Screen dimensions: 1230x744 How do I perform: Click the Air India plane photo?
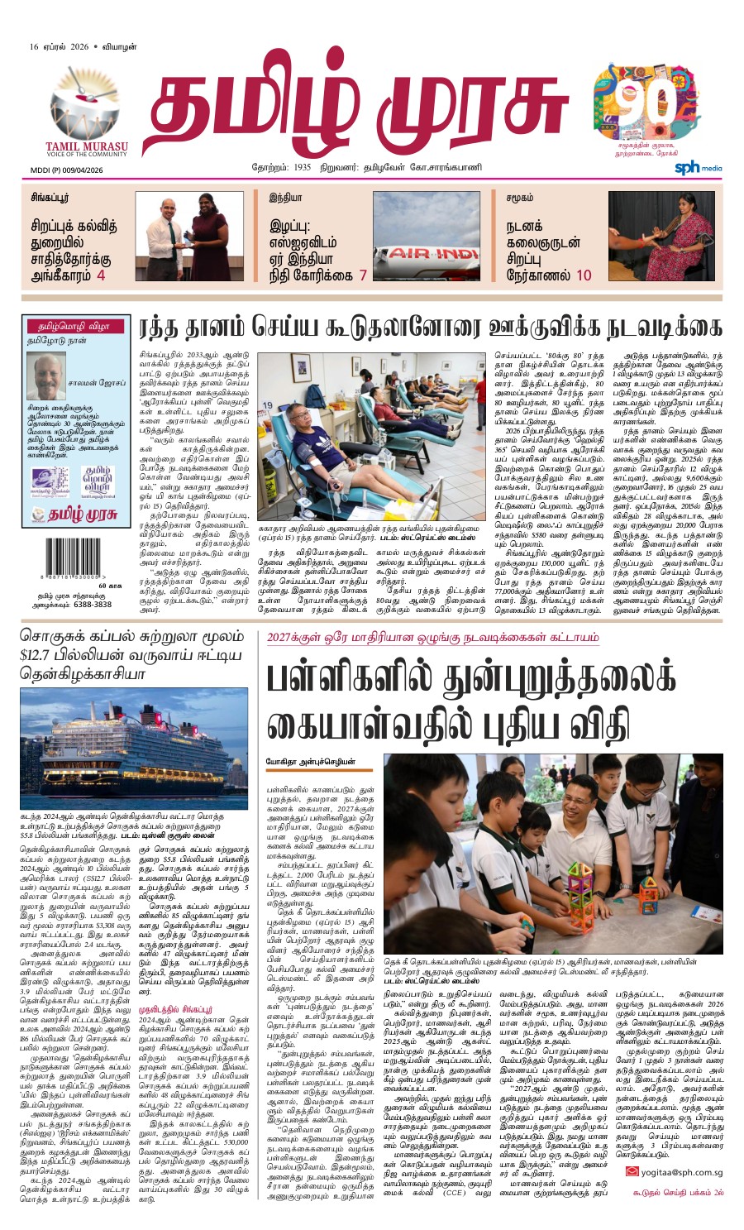click(427, 236)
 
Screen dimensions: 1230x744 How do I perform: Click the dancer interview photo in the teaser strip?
click(660, 236)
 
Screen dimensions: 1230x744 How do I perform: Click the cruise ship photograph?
click(133, 749)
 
